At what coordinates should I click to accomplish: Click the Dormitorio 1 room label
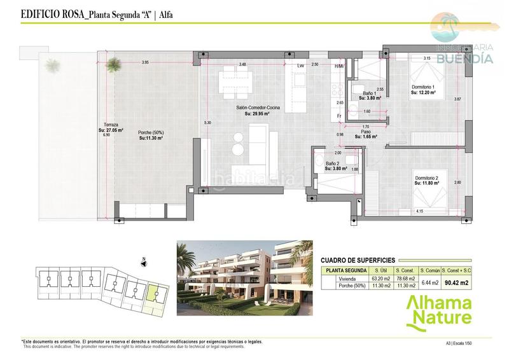coord(423,87)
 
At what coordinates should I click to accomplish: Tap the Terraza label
coord(106,125)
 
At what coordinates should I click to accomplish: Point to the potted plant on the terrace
coord(113,63)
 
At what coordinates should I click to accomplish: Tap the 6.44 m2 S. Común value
coord(431,282)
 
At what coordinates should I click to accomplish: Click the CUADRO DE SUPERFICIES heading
coord(358,260)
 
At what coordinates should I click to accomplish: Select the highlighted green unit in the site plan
coord(153,293)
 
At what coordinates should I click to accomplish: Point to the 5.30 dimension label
coord(207,122)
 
